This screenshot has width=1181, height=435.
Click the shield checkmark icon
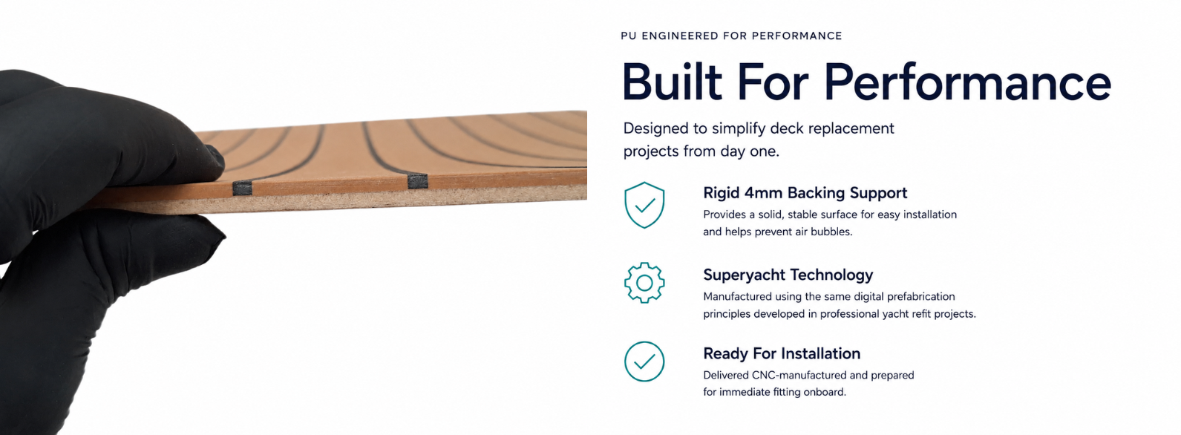(x=644, y=205)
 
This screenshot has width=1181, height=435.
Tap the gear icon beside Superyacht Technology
(x=644, y=283)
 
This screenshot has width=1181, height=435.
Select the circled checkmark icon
(x=644, y=362)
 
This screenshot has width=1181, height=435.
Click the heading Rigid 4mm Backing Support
(x=805, y=193)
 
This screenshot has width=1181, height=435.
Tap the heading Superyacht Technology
(x=788, y=275)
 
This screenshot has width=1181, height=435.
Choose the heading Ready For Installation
(x=782, y=353)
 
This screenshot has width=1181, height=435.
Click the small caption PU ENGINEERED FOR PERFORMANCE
(x=731, y=36)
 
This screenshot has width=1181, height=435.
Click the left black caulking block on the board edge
(x=242, y=188)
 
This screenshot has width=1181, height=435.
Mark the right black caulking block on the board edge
(x=418, y=181)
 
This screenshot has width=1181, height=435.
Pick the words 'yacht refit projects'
(x=923, y=314)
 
